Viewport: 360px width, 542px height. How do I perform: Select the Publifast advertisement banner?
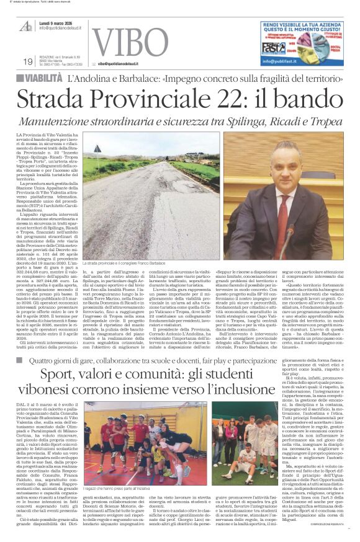[301, 42]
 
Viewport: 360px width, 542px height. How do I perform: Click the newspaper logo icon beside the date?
[25, 25]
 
